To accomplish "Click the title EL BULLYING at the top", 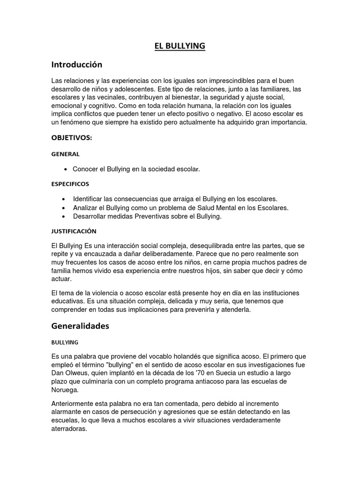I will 180,46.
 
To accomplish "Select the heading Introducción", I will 76,64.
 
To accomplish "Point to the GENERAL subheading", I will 65,154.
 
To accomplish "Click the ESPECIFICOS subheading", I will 70,184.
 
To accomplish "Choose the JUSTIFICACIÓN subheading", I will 74,231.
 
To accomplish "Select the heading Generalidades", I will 80,326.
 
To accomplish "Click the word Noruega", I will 65,390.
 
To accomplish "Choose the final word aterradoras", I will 69,428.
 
